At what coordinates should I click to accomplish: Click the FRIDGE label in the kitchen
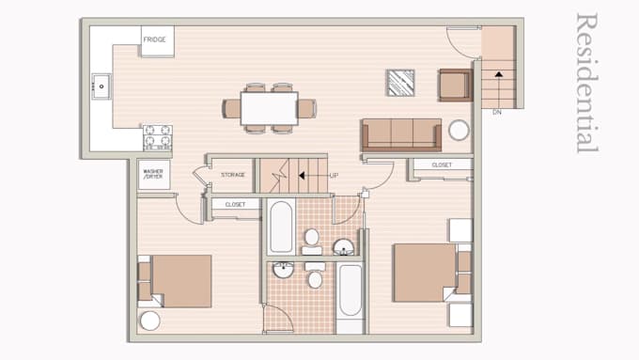[x=156, y=39]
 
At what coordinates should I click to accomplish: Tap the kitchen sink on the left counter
[x=101, y=88]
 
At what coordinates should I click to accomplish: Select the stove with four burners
[x=157, y=137]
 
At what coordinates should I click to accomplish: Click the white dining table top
[x=269, y=107]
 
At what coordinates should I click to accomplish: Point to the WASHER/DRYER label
[x=153, y=174]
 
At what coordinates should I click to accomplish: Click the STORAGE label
[x=233, y=175]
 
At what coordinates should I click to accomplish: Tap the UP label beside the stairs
[x=334, y=175]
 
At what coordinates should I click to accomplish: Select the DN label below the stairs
[x=497, y=112]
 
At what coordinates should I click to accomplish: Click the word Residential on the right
[x=586, y=83]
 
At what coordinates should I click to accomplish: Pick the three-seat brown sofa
[x=401, y=133]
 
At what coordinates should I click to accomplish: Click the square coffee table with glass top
[x=401, y=83]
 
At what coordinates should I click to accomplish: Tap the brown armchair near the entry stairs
[x=454, y=86]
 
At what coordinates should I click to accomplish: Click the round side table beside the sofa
[x=459, y=131]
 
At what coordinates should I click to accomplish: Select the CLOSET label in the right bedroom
[x=441, y=164]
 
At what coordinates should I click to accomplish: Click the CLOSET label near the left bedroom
[x=235, y=204]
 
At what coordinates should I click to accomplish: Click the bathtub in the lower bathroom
[x=350, y=290]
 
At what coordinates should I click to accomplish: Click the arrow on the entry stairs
[x=498, y=71]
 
